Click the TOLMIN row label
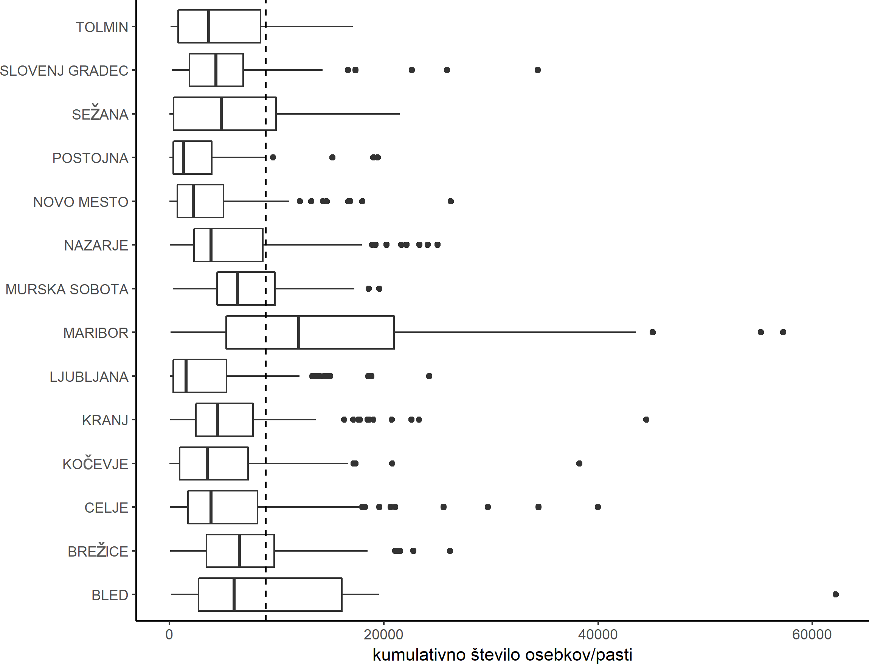tap(102, 27)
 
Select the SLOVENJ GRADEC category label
tap(64, 71)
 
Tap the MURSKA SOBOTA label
tap(67, 289)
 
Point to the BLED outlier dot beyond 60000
tap(835, 594)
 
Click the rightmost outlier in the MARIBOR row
tap(783, 332)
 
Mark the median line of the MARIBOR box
tap(299, 333)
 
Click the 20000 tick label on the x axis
tap(383, 635)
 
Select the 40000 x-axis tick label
tap(597, 635)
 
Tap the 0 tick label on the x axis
tap(169, 635)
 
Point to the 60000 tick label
tap(812, 635)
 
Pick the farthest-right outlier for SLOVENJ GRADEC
tap(538, 70)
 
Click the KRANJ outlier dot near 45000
tap(646, 419)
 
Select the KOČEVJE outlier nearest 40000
tap(579, 463)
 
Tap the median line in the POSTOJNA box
tap(183, 157)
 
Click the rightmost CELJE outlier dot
tap(597, 507)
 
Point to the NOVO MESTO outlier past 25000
tap(451, 201)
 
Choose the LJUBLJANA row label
tap(89, 377)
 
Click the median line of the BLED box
tap(234, 594)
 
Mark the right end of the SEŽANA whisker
tap(400, 114)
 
